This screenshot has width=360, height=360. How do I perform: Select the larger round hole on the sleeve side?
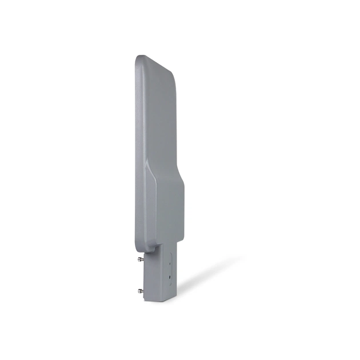(169, 278)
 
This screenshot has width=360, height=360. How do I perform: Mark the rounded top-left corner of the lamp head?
(139, 58)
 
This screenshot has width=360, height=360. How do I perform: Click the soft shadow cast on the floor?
(206, 274)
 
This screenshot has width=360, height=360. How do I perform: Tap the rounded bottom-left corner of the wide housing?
(139, 247)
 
